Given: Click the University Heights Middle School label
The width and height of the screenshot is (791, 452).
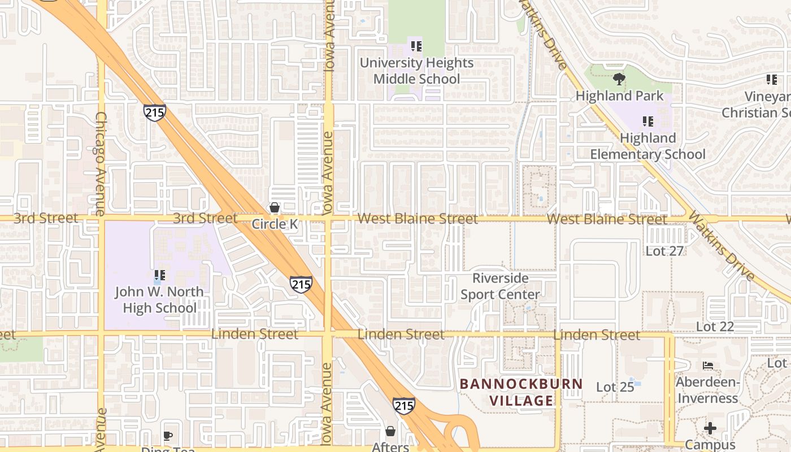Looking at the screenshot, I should [416, 71].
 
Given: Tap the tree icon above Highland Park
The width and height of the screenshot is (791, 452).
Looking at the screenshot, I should [619, 79].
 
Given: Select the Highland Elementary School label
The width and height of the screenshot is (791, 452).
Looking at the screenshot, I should [647, 146].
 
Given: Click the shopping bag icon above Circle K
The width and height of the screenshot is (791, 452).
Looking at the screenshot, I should [275, 208].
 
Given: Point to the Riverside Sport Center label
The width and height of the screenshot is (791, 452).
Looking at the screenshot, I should [500, 286].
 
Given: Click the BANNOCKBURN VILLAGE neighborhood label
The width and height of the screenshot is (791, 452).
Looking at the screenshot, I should [521, 392].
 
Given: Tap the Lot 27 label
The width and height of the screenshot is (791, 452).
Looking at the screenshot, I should [664, 251].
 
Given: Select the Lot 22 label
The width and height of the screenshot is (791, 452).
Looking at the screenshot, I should [715, 327].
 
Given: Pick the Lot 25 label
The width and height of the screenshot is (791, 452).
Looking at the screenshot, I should [615, 387].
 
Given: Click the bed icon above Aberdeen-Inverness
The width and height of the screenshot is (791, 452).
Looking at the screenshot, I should [707, 366].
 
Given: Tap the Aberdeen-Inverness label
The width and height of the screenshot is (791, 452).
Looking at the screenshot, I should [707, 390].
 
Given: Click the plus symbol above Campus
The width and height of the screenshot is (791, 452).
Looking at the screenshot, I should [710, 428].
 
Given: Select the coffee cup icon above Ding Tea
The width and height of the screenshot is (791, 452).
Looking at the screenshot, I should [167, 436].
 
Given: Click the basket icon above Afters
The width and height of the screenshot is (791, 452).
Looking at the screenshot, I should [390, 431].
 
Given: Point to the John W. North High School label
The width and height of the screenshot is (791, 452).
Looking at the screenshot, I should [159, 300].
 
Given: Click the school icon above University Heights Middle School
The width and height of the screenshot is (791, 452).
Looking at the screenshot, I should [416, 46].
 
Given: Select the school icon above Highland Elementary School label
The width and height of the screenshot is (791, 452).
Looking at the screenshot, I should [647, 121].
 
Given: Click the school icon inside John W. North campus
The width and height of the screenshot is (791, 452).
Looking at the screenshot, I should [159, 275].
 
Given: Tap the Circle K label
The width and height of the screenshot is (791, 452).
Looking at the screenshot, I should [275, 224].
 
